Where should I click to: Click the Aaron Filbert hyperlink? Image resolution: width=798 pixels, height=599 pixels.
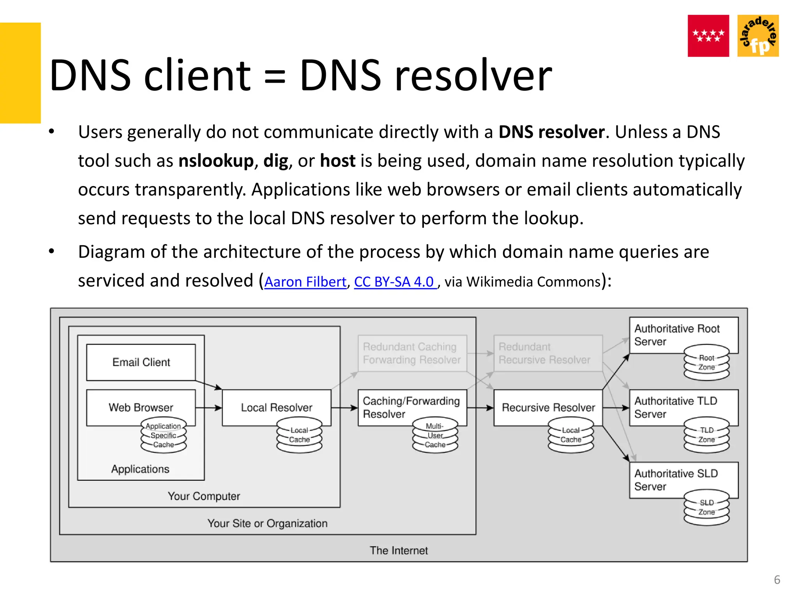(x=305, y=282)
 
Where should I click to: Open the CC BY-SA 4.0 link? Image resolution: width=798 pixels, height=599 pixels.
(x=394, y=282)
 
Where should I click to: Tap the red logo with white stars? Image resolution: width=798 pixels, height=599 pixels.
(x=708, y=36)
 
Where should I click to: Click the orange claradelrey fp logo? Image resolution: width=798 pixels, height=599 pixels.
(x=758, y=36)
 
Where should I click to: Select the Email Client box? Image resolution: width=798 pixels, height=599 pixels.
(x=141, y=362)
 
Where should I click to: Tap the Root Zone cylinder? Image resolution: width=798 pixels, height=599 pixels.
(x=706, y=363)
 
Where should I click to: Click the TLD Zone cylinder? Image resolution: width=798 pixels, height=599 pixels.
(x=706, y=435)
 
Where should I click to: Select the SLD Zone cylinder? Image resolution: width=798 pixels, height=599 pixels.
(x=706, y=508)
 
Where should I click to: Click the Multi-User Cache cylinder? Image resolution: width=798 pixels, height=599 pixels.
(x=435, y=436)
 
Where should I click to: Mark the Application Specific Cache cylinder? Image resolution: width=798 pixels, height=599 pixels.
(x=163, y=436)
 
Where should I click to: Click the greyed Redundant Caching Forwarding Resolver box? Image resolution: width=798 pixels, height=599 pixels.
(x=412, y=353)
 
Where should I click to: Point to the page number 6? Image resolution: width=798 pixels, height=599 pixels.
(x=777, y=580)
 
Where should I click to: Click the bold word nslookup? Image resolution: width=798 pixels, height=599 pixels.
(x=216, y=161)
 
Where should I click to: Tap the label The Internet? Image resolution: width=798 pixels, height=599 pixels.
(x=399, y=550)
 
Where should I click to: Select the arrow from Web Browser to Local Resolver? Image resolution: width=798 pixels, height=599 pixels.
(x=208, y=408)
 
